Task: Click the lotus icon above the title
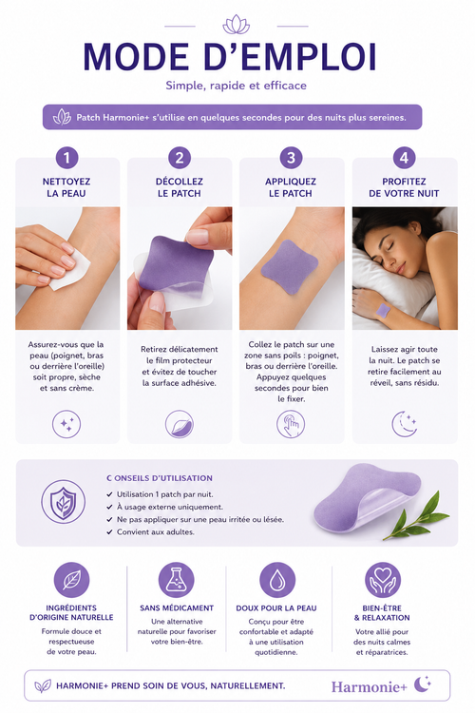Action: (236, 25)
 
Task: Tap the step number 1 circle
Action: (66, 158)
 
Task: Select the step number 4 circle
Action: (404, 158)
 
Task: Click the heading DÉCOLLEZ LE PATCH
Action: (180, 187)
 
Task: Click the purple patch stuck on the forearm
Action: (289, 261)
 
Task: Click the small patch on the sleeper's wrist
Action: (383, 311)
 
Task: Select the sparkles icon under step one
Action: (66, 424)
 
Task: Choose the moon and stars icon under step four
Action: (404, 424)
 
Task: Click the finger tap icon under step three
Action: (291, 424)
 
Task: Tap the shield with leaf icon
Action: (64, 502)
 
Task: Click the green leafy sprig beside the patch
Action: (417, 516)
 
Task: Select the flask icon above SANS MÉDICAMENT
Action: (177, 580)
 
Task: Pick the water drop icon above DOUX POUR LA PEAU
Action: (277, 580)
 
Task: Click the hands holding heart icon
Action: (382, 580)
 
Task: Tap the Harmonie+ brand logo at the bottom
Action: (381, 685)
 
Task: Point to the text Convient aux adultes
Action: (156, 531)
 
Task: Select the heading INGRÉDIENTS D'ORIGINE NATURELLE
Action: (71, 612)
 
